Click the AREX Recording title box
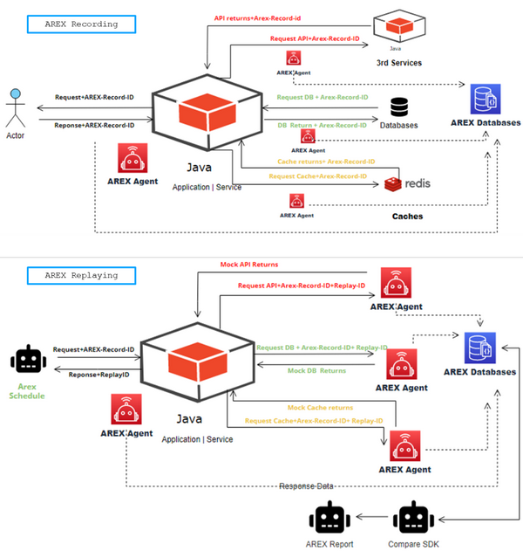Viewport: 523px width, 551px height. point(83,24)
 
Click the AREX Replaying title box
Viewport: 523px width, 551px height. point(82,275)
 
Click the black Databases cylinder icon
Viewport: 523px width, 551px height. point(399,107)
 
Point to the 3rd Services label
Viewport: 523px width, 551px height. point(399,63)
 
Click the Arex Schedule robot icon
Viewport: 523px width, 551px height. point(27,362)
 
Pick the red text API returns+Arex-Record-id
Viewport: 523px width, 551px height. point(258,17)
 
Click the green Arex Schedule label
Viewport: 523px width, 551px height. point(27,390)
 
